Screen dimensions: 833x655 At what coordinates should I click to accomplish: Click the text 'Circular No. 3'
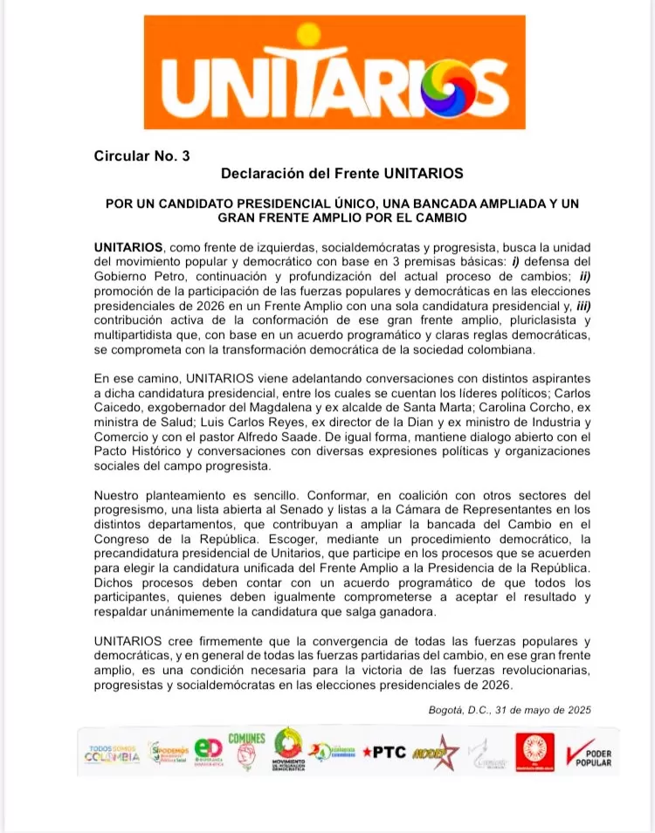[141, 156]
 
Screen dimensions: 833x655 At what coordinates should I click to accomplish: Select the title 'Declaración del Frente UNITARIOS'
[341, 173]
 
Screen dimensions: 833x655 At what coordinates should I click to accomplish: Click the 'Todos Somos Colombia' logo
[111, 753]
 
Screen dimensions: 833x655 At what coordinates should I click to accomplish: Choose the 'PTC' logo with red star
[383, 752]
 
